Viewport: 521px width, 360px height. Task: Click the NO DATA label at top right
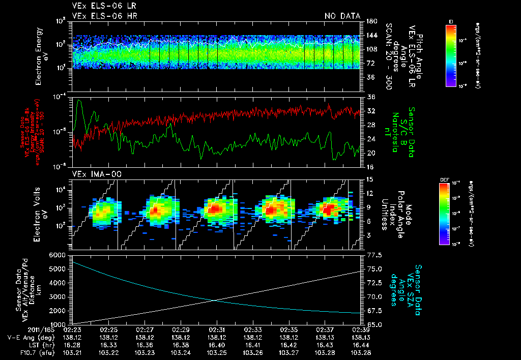(x=342, y=16)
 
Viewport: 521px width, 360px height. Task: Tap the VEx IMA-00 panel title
(x=92, y=174)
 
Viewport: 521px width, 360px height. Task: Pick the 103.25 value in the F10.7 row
(x=217, y=352)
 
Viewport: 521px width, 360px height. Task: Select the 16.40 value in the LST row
(x=217, y=345)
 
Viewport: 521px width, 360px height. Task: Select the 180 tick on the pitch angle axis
(x=370, y=21)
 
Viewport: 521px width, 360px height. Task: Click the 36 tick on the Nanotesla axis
(x=370, y=97)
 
